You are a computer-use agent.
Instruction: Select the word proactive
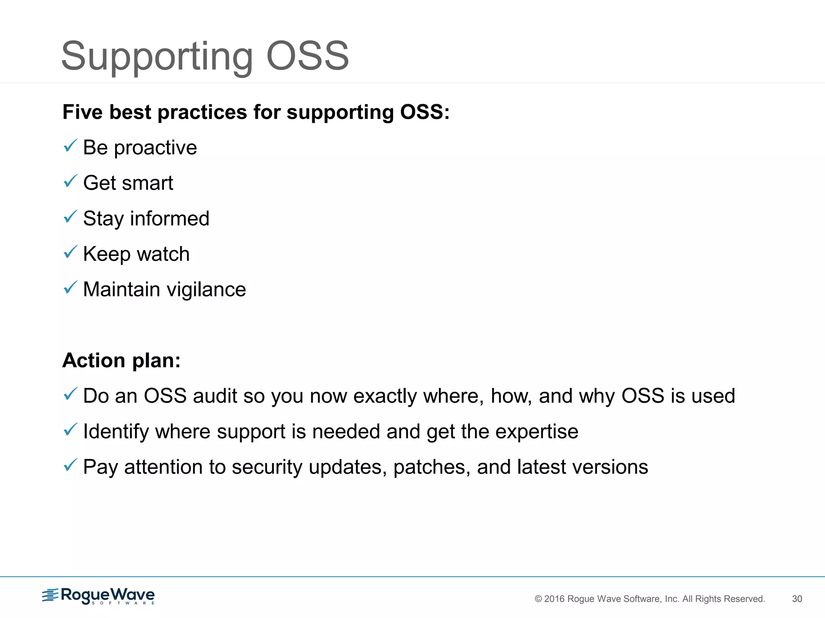coord(155,148)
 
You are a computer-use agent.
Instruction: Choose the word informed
coord(170,218)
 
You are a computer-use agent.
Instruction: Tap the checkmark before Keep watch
coord(70,252)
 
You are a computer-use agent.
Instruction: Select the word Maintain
coord(121,290)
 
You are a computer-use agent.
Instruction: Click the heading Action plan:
coord(121,360)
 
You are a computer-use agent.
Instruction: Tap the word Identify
coord(116,432)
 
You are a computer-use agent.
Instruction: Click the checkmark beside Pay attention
coord(70,465)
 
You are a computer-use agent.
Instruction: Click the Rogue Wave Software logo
coord(98,596)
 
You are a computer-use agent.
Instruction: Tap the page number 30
coord(797,599)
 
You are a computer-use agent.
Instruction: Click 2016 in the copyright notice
coord(554,599)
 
